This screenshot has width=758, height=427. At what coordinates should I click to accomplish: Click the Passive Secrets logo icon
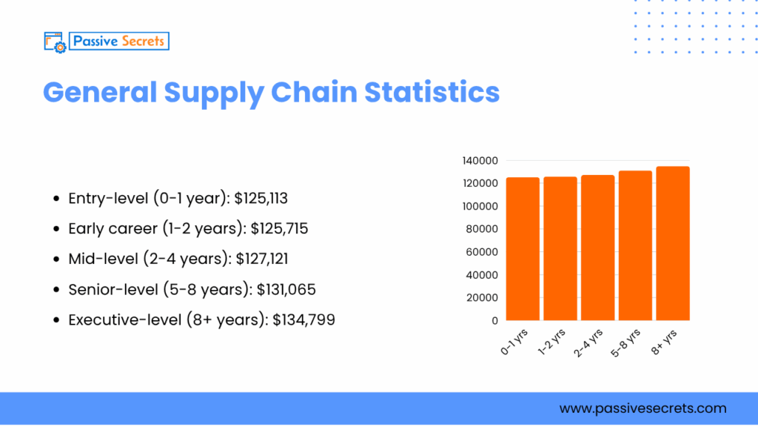[x=55, y=42]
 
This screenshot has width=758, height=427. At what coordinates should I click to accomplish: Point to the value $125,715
[x=281, y=228]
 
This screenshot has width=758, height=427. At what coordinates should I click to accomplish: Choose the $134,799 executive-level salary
[x=303, y=320]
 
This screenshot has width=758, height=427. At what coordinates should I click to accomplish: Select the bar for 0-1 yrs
[x=523, y=248]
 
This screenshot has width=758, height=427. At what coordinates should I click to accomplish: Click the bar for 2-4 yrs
[x=597, y=248]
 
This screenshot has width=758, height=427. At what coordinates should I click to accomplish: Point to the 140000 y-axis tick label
[x=479, y=161]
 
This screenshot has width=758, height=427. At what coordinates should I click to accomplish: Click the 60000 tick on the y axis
[x=482, y=252]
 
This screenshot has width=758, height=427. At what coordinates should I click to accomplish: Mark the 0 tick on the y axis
[x=494, y=321]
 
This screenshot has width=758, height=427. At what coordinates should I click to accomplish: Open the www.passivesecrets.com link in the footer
[x=643, y=408]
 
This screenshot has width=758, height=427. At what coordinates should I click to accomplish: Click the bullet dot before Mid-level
[x=57, y=259]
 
